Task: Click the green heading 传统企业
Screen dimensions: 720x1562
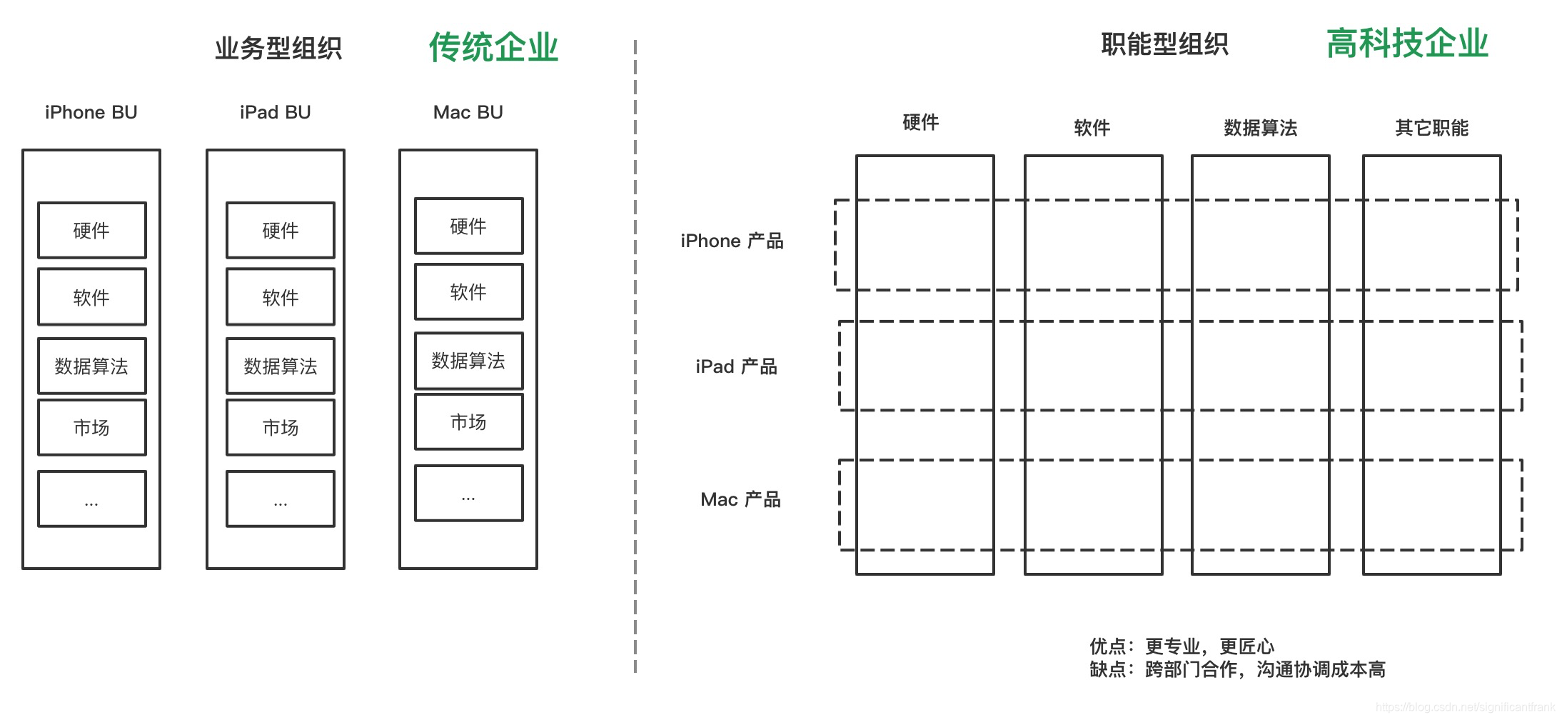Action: (x=493, y=48)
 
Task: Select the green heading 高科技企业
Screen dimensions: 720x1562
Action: (x=1407, y=44)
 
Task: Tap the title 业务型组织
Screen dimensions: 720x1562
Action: (x=278, y=49)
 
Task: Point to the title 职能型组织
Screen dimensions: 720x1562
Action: (x=1164, y=44)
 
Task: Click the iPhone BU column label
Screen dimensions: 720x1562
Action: (x=91, y=112)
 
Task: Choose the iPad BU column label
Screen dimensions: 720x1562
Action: (x=275, y=112)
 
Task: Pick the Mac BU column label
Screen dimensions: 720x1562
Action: (x=468, y=112)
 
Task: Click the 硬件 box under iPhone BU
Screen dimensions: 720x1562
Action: (x=92, y=230)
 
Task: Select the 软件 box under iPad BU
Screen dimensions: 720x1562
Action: (x=281, y=297)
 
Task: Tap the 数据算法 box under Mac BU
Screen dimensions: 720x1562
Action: (x=469, y=361)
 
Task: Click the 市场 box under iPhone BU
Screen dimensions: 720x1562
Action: (x=92, y=427)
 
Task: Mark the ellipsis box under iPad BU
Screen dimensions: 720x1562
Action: (x=281, y=499)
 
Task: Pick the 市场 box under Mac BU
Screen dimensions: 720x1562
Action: (x=469, y=421)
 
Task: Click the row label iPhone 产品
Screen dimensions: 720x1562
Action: (x=732, y=241)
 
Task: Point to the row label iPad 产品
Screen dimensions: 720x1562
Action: (x=736, y=366)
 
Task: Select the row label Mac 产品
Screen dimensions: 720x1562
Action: (x=740, y=499)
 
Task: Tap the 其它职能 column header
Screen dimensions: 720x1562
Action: (x=1431, y=128)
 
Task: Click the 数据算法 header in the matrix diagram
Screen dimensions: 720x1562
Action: (x=1260, y=128)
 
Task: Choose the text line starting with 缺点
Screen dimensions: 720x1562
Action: (x=1237, y=669)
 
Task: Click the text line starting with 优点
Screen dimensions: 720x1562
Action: (x=1181, y=646)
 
